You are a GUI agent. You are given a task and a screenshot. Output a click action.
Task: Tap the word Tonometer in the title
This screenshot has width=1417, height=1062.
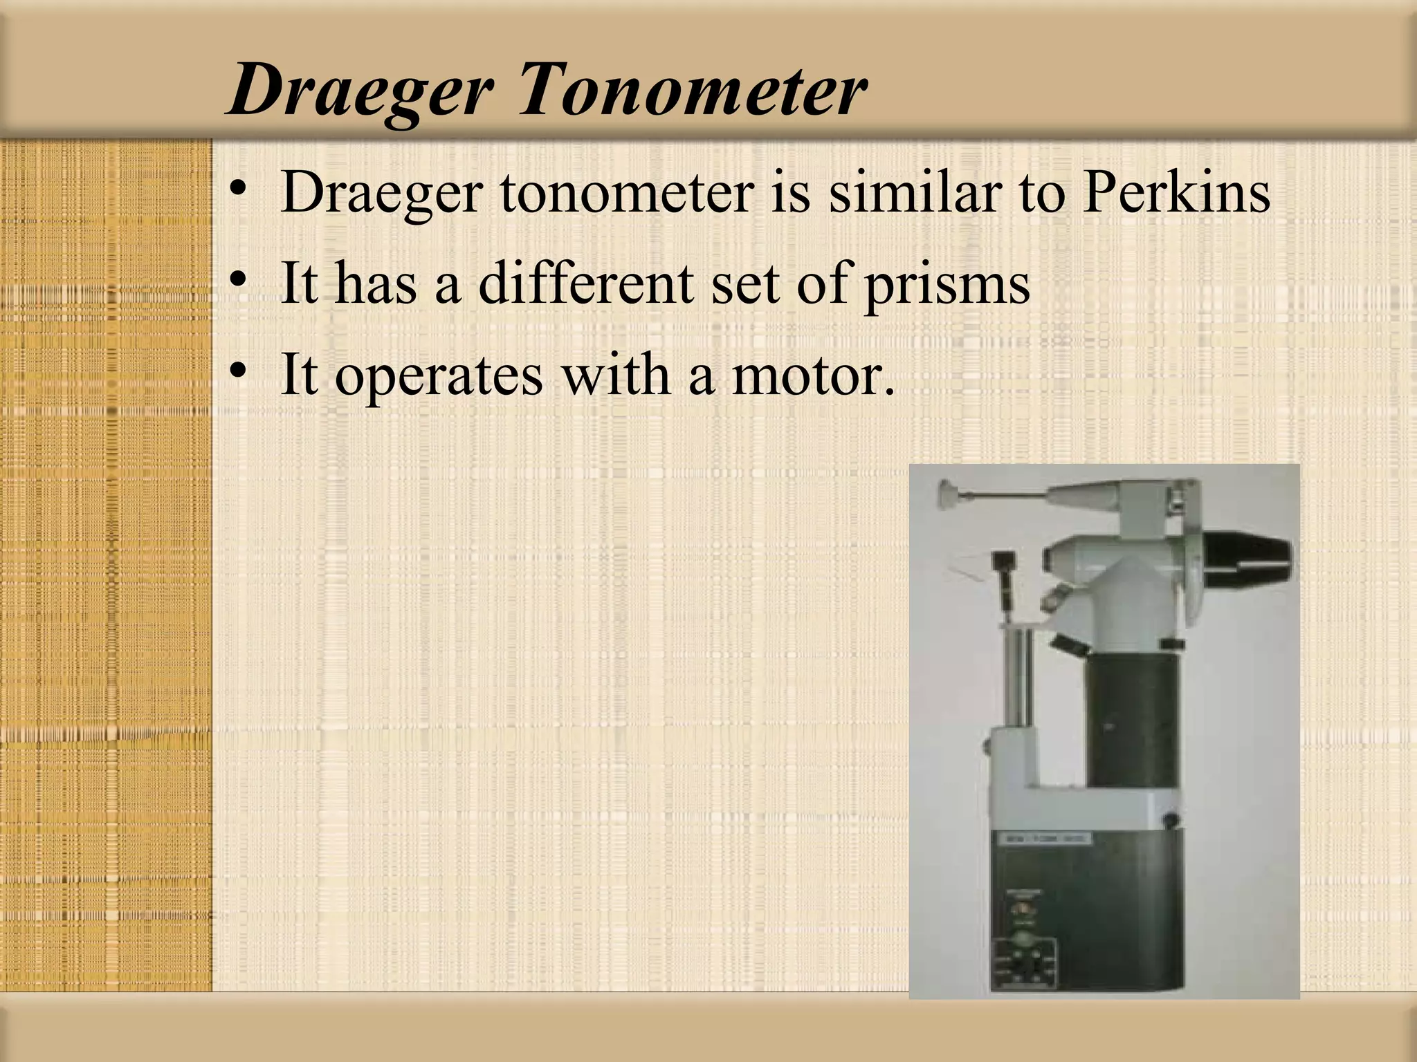coord(692,90)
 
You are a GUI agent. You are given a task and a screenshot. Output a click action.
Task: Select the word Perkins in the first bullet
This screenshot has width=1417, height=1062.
coord(1177,192)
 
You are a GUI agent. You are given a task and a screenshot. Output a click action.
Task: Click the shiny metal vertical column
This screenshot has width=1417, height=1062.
coord(1016,681)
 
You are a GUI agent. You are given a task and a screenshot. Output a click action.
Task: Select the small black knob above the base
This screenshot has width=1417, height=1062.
coord(1171,820)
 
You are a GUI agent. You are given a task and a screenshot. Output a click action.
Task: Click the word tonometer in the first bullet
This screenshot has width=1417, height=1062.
coord(627,192)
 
